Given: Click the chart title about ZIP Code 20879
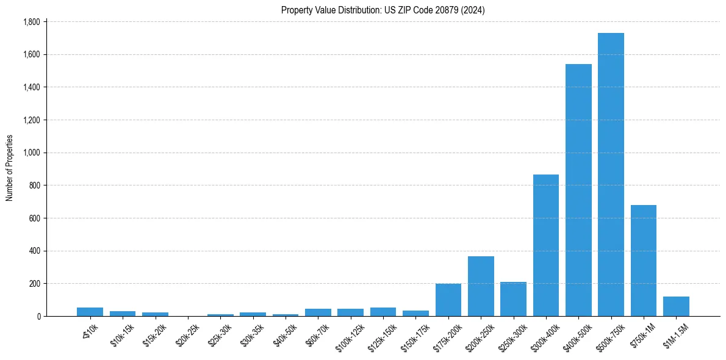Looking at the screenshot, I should [383, 10].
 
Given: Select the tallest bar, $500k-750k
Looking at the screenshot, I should [611, 175].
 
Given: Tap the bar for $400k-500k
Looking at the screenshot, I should [578, 190].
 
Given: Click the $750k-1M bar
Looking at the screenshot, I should [644, 261].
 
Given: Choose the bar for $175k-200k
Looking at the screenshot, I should [448, 300].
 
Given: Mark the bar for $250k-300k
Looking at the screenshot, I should [513, 299].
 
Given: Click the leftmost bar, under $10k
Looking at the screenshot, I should [90, 312].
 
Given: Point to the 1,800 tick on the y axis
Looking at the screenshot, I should [31, 22].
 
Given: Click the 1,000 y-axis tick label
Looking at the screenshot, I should [31, 153].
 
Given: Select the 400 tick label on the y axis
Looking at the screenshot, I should [35, 251].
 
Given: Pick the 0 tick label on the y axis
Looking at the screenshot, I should [38, 316].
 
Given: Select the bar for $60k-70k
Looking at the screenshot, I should [318, 312].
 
